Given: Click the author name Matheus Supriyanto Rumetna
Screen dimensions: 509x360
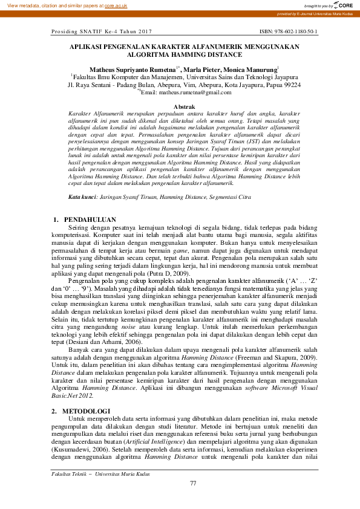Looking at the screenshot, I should [133, 70].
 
